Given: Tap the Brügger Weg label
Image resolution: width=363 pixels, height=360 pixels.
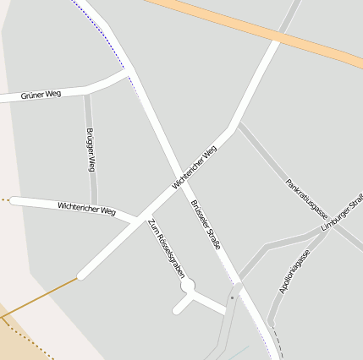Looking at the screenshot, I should [x=91, y=150].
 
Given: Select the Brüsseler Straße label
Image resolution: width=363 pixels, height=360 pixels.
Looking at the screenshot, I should [x=206, y=223].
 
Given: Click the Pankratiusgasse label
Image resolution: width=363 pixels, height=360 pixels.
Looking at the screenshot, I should [x=306, y=199].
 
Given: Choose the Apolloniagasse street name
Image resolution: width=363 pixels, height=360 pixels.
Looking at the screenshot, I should [x=294, y=271].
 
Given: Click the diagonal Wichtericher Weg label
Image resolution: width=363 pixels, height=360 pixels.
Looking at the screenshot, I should [x=194, y=166].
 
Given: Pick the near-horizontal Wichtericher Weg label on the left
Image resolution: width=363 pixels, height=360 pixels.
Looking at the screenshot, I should [x=86, y=208].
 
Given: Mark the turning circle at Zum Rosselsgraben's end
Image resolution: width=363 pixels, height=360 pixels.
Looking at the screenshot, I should [x=188, y=286].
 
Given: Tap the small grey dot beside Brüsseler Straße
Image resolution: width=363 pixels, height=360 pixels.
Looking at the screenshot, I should [x=232, y=297].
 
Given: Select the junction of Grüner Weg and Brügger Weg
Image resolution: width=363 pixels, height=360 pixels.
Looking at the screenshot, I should [x=87, y=90].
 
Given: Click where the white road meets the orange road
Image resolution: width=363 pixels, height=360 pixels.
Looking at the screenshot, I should [x=276, y=39].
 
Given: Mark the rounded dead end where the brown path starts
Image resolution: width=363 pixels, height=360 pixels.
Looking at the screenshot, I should [x=81, y=275].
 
